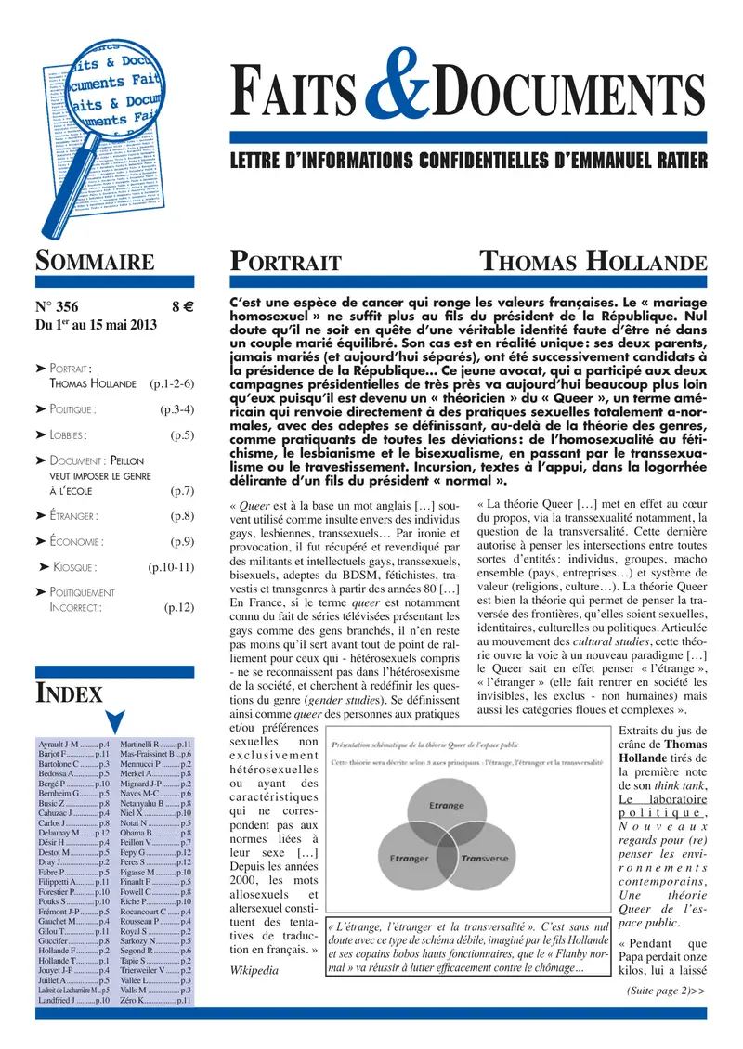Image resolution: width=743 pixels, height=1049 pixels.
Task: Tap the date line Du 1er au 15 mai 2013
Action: point(96,325)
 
